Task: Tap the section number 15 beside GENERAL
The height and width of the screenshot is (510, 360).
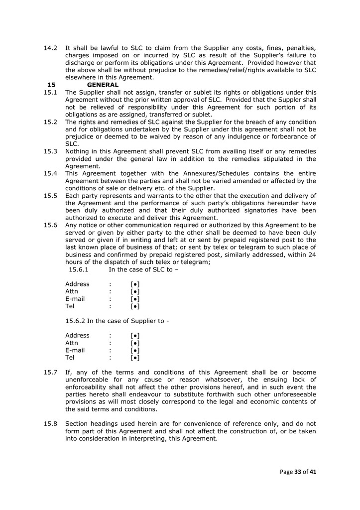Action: (x=51, y=85)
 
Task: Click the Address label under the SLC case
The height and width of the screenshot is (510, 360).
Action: (x=77, y=284)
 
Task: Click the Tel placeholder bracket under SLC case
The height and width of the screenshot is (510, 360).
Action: (x=134, y=306)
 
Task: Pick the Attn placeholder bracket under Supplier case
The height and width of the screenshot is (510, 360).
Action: (x=134, y=343)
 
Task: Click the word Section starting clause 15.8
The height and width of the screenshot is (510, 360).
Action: (x=78, y=423)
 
